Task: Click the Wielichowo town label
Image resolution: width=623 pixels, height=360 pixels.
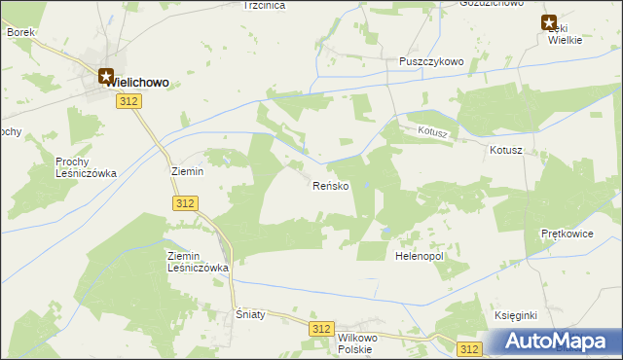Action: tap(139, 84)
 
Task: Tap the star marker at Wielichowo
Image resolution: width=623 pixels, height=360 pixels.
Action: tap(106, 73)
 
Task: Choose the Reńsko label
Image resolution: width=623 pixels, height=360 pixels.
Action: tap(330, 186)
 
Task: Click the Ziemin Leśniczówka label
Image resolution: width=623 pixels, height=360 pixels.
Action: tap(197, 261)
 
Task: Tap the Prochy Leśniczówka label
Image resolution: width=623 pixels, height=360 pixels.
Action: tap(86, 167)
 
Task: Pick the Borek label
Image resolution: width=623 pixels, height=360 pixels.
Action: tap(20, 32)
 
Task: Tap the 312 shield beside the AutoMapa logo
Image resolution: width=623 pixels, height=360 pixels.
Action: tap(471, 348)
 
